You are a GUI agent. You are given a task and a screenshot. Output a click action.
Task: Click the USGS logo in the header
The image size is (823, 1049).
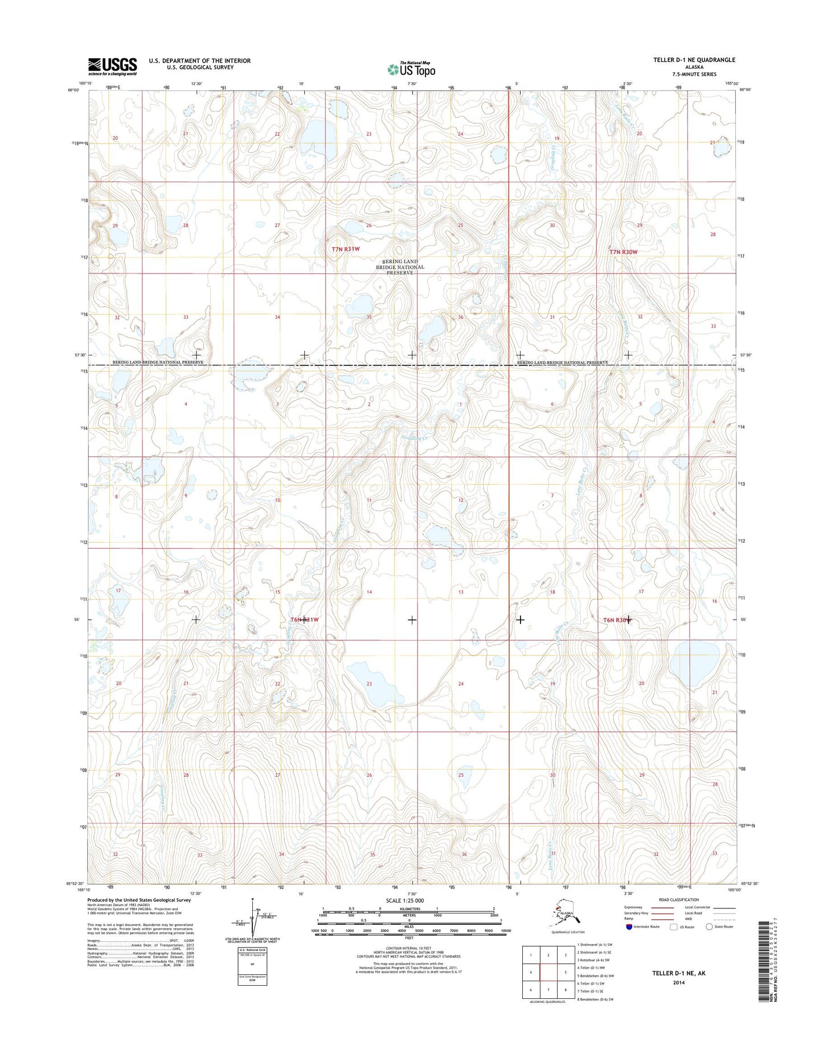pos(112,66)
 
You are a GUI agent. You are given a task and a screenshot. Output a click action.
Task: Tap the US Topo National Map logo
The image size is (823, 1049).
pos(411,68)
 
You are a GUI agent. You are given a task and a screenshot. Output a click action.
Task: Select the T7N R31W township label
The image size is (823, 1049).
pos(346,249)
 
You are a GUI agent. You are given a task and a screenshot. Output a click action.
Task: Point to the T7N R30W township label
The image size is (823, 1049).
pos(623,251)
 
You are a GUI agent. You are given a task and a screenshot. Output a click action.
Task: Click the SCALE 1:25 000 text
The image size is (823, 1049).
pos(405,900)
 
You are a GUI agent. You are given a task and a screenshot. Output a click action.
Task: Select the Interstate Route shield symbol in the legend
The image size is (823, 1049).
pos(629,927)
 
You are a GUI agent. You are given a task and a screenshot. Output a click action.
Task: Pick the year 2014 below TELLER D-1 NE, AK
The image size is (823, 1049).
pos(678,982)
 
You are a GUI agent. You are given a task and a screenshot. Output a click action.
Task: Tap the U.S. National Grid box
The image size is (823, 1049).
pos(253,967)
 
